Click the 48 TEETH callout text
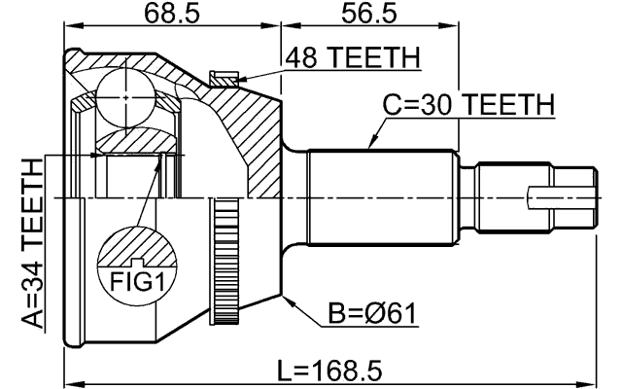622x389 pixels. coord(352,59)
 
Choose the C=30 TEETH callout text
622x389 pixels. coord(467,104)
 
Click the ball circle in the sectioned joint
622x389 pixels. coord(126,98)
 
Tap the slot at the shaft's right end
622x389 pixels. coord(562,197)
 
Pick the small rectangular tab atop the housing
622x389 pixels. coord(223,75)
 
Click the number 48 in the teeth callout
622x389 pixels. coord(301,59)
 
